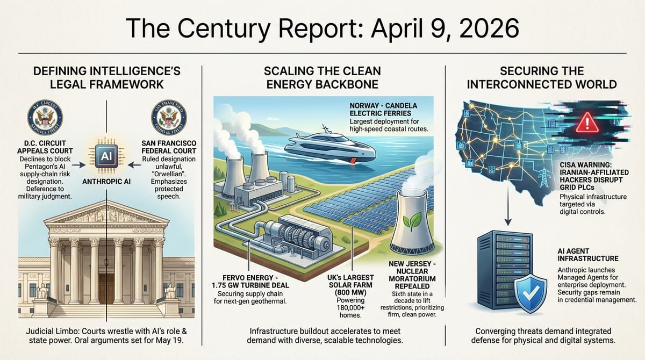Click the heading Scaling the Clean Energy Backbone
click(323, 77)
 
